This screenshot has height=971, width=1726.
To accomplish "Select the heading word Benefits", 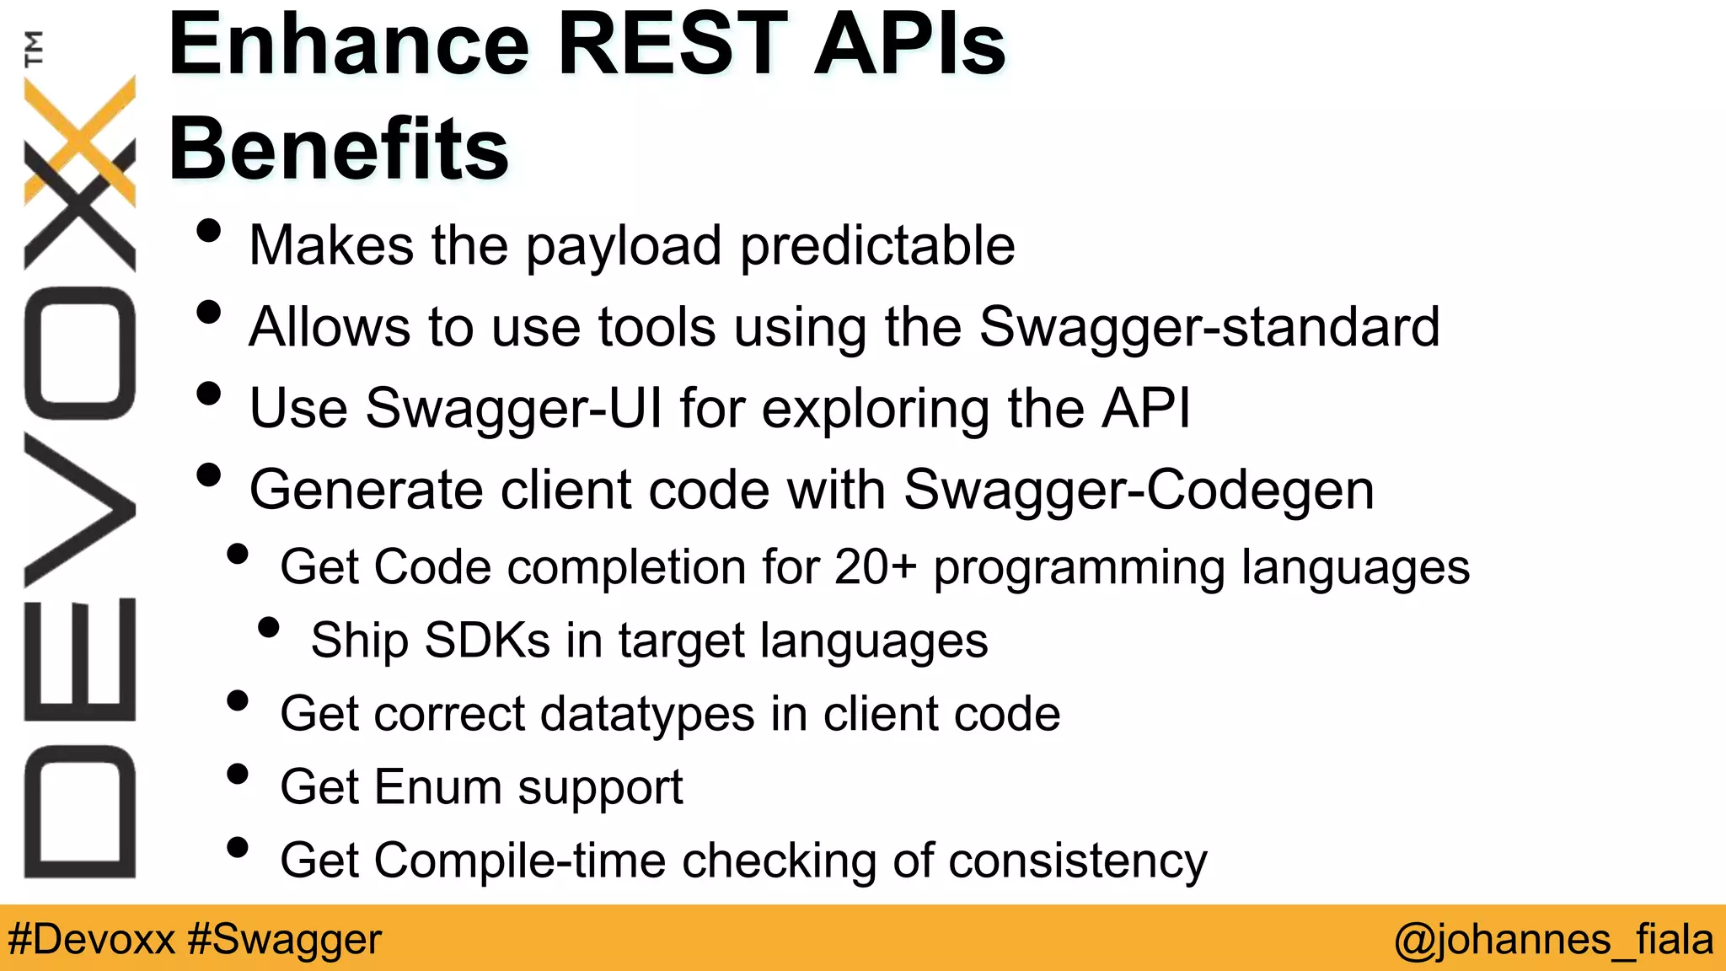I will [339, 149].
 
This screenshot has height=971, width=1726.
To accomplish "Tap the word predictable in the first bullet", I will [877, 246].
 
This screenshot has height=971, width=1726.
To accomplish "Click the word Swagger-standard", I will [1209, 327].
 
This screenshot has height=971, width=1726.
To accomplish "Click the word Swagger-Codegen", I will [1139, 490].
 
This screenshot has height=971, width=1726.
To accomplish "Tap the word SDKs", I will [487, 640].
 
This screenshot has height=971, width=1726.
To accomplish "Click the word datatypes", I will [647, 715].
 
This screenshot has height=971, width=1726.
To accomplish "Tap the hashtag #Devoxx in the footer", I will [92, 939].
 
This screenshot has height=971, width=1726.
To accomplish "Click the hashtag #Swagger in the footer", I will [285, 939].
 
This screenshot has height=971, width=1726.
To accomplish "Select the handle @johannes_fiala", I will [1553, 939].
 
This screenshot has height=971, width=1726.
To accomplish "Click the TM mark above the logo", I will [34, 48].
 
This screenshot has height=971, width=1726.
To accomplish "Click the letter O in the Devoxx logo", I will [80, 352].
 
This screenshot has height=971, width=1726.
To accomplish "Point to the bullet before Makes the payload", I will [208, 231].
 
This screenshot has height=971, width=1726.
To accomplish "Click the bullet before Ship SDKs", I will [269, 627].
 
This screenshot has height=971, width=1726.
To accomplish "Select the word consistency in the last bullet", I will [1080, 861].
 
